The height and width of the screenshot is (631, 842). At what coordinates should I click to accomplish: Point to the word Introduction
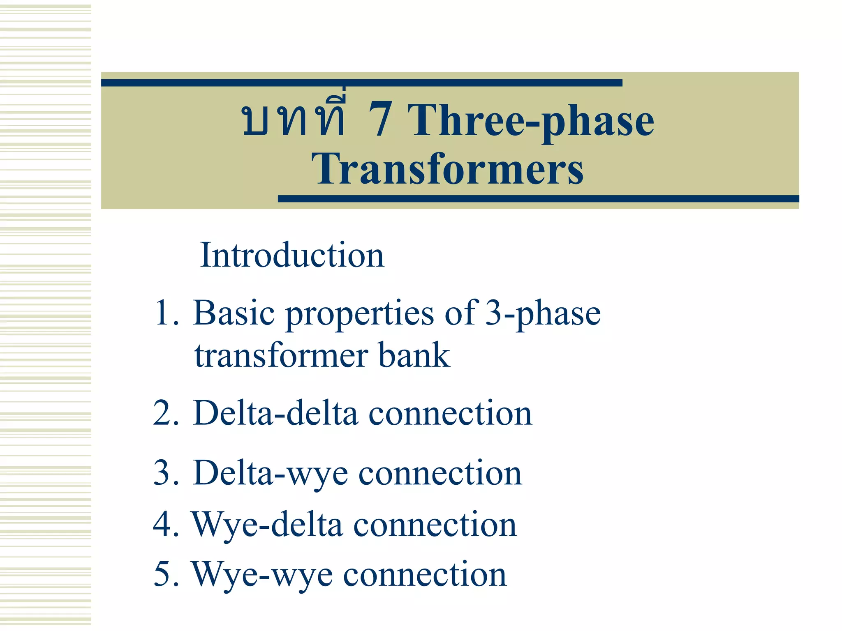(292, 256)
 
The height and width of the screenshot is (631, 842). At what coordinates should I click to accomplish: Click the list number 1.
(164, 313)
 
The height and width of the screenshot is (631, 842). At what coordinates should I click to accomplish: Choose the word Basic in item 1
(234, 313)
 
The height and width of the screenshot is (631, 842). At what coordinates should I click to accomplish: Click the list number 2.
(164, 413)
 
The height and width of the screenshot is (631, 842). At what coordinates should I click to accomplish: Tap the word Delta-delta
(275, 413)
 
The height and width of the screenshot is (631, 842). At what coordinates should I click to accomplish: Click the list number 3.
(164, 473)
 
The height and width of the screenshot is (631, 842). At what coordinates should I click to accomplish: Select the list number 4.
(164, 525)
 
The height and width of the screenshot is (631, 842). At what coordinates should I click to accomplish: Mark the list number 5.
(164, 574)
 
